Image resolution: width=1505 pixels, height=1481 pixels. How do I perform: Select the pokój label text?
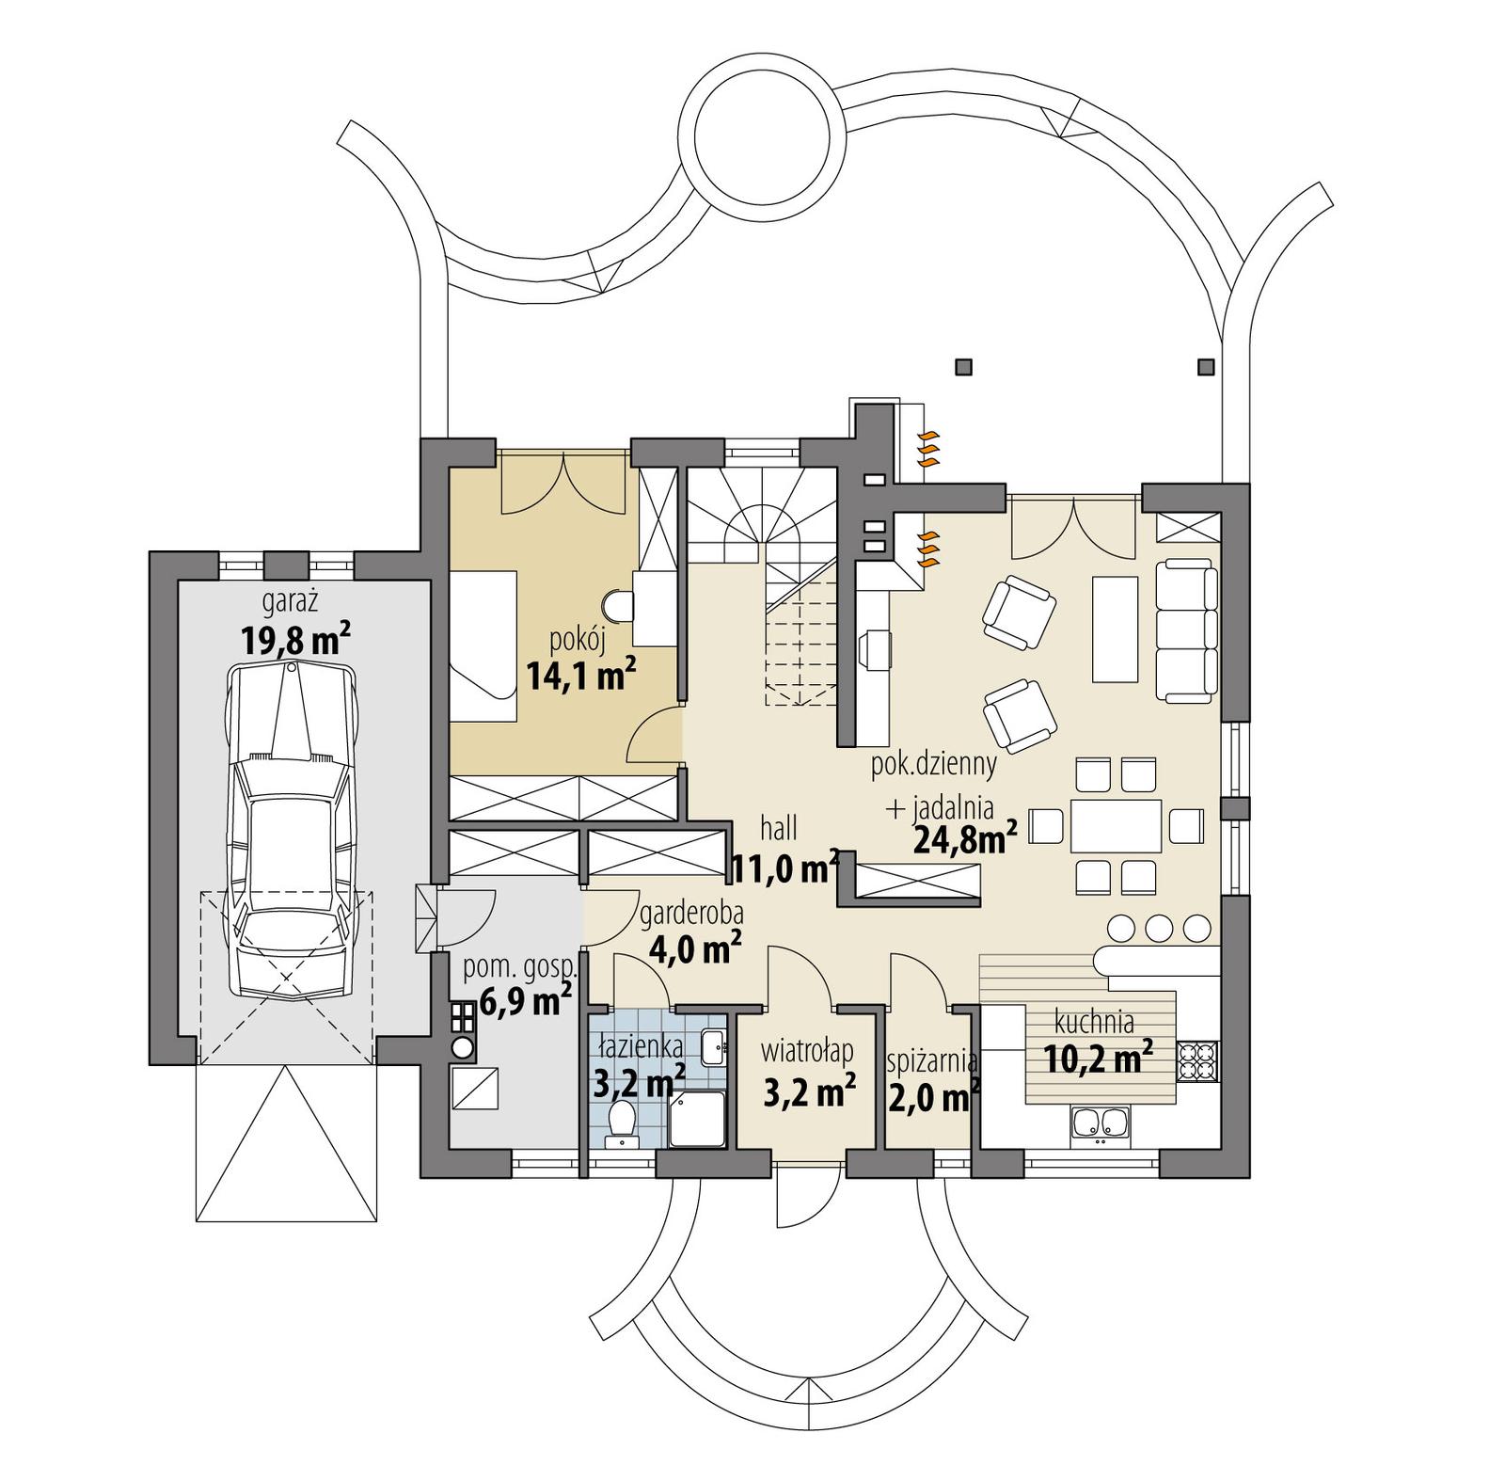[x=577, y=641]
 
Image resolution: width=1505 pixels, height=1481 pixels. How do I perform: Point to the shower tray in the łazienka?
[x=697, y=1119]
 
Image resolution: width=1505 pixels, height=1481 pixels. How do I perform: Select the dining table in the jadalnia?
[x=1116, y=826]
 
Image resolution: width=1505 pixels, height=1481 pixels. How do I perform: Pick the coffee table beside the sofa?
[x=1115, y=629]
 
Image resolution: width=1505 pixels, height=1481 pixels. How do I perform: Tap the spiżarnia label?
[x=932, y=1061]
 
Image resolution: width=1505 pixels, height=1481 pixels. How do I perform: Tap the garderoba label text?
[x=691, y=913]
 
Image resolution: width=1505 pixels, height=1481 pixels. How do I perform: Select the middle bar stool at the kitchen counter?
[x=1159, y=928]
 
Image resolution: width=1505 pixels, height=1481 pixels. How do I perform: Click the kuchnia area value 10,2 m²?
[x=1098, y=1060]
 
